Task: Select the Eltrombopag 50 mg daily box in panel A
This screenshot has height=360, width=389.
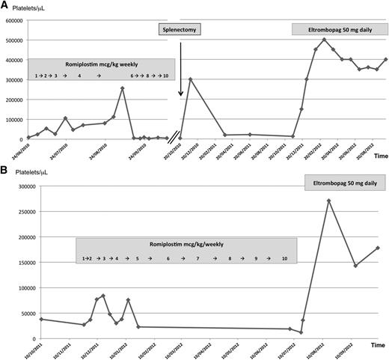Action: (x=336, y=29)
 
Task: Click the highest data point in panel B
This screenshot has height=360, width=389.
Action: (x=328, y=201)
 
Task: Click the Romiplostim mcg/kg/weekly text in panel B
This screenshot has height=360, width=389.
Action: (x=188, y=244)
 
